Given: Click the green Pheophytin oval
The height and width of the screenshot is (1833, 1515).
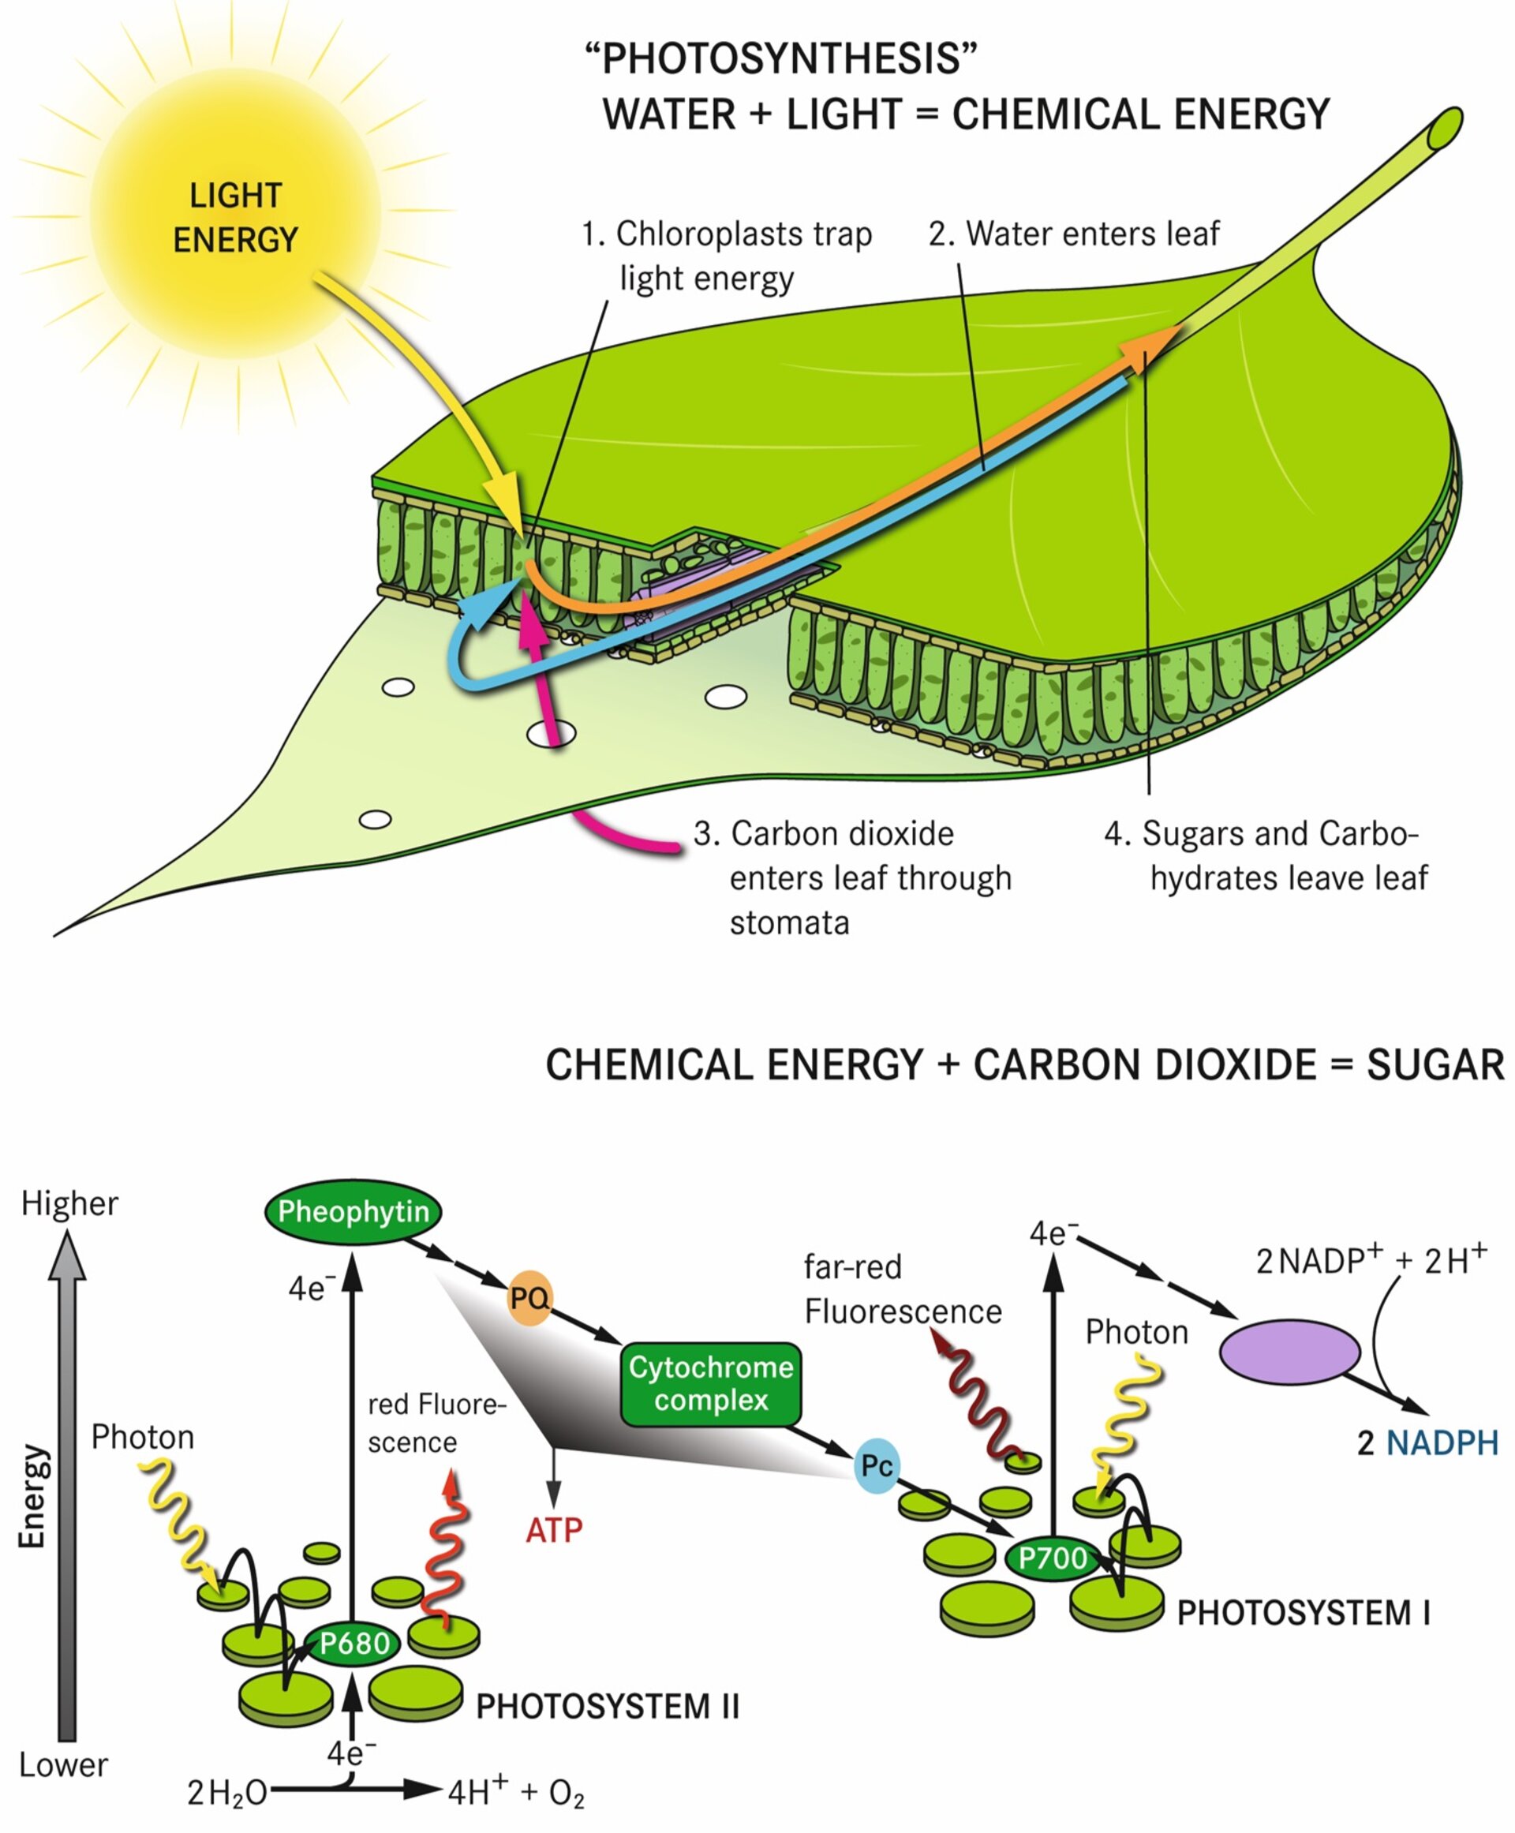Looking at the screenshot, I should click(353, 1211).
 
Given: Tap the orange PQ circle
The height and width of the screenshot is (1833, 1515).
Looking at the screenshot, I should click(529, 1298).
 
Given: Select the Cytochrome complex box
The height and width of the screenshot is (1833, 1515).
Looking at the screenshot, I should click(710, 1384).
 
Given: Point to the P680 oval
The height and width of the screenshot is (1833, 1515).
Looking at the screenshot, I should click(353, 1644).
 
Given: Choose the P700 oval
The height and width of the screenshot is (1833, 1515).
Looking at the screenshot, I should click(1053, 1558).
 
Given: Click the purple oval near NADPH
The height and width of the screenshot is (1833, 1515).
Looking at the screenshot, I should click(1289, 1352).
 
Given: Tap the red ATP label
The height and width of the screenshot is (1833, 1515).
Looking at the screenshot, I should click(553, 1530).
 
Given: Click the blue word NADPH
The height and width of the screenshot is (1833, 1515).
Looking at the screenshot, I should click(1442, 1443).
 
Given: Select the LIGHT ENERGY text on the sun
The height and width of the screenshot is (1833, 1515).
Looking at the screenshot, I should click(236, 217).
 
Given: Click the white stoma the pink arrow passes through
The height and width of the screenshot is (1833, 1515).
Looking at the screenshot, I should click(552, 734).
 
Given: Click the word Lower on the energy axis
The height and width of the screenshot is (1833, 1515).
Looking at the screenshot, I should click(63, 1765).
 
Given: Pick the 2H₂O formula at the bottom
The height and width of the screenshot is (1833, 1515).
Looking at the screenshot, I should click(227, 1794).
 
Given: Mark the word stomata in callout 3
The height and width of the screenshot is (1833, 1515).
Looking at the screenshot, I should click(789, 922).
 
